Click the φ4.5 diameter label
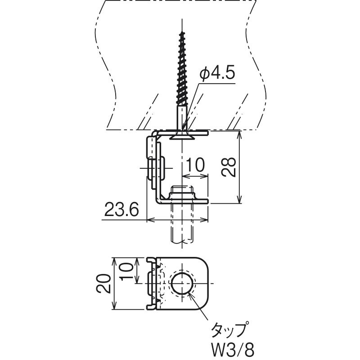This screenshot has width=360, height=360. click(217, 74)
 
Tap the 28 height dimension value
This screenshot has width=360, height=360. click(229, 167)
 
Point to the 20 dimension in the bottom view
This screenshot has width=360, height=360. click(103, 283)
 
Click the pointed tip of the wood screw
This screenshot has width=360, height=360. click(182, 31)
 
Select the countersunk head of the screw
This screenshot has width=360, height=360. click(182, 137)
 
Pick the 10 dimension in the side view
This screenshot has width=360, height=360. click(195, 165)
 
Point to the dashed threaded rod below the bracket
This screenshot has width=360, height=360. click(182, 224)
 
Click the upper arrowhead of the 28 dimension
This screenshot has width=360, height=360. click(239, 135)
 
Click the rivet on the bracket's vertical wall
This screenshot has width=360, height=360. click(156, 168)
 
